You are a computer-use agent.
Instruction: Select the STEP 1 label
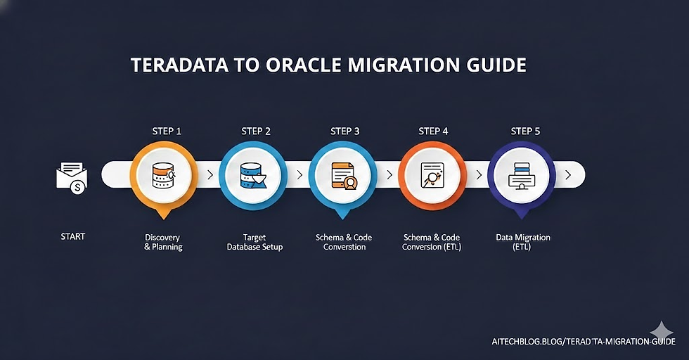(167, 131)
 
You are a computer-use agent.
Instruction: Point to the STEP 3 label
(344, 131)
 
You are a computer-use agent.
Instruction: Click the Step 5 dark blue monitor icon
(522, 175)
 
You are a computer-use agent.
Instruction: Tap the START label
(72, 236)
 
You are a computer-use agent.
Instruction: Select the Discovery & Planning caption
(163, 242)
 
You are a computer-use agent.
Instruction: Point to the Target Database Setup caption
(255, 243)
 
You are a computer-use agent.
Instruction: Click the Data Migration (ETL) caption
(523, 242)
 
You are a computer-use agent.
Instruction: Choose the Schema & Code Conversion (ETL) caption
(432, 243)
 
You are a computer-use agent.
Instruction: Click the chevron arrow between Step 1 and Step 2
(210, 174)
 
